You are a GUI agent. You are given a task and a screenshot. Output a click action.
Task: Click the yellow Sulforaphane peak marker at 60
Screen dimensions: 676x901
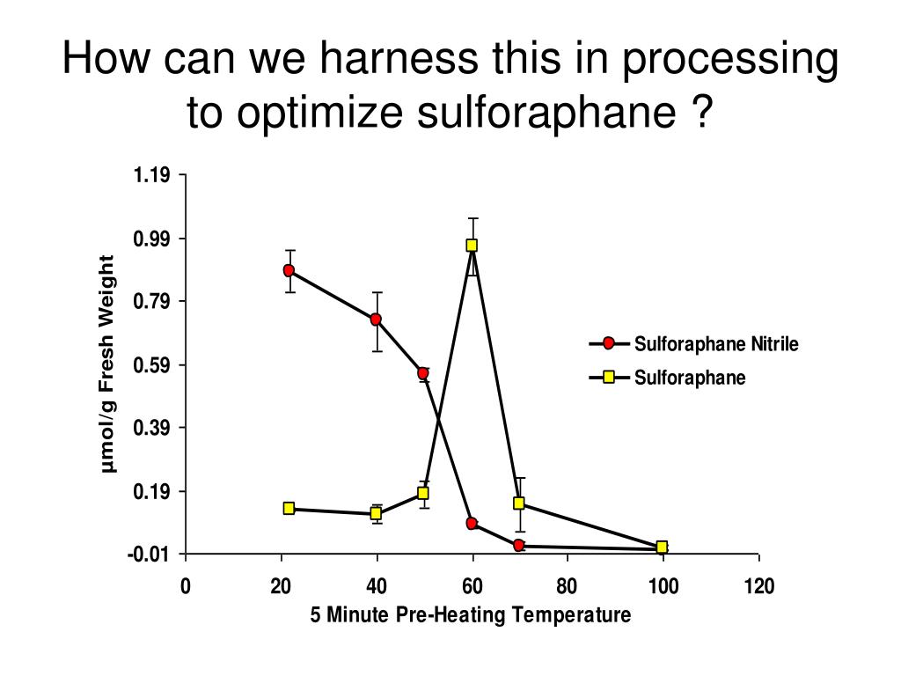(x=472, y=246)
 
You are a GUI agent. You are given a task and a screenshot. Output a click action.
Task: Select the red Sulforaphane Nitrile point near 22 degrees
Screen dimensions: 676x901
(x=289, y=270)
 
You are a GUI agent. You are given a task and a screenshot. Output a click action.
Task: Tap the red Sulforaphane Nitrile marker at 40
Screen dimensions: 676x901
(x=376, y=320)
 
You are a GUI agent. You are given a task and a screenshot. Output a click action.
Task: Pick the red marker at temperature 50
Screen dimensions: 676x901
(x=423, y=373)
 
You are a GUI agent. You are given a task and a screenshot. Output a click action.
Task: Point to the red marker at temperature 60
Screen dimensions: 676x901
(x=472, y=524)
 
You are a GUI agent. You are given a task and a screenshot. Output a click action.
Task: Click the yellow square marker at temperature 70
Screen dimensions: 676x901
(x=519, y=503)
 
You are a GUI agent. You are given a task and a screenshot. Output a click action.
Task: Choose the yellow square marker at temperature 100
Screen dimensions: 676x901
(x=662, y=547)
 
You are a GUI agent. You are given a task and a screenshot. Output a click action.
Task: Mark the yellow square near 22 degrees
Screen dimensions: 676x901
(x=289, y=508)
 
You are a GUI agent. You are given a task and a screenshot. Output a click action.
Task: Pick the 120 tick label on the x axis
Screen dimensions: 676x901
(x=758, y=587)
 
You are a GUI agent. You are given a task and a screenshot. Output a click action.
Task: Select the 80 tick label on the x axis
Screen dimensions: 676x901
(x=567, y=587)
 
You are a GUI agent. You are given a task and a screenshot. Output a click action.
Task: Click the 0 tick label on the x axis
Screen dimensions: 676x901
(x=185, y=587)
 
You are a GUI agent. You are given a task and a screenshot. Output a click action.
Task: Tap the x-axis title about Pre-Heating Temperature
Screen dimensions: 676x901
(x=470, y=615)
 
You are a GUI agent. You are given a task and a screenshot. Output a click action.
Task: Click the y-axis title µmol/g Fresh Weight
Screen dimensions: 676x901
(x=108, y=364)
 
